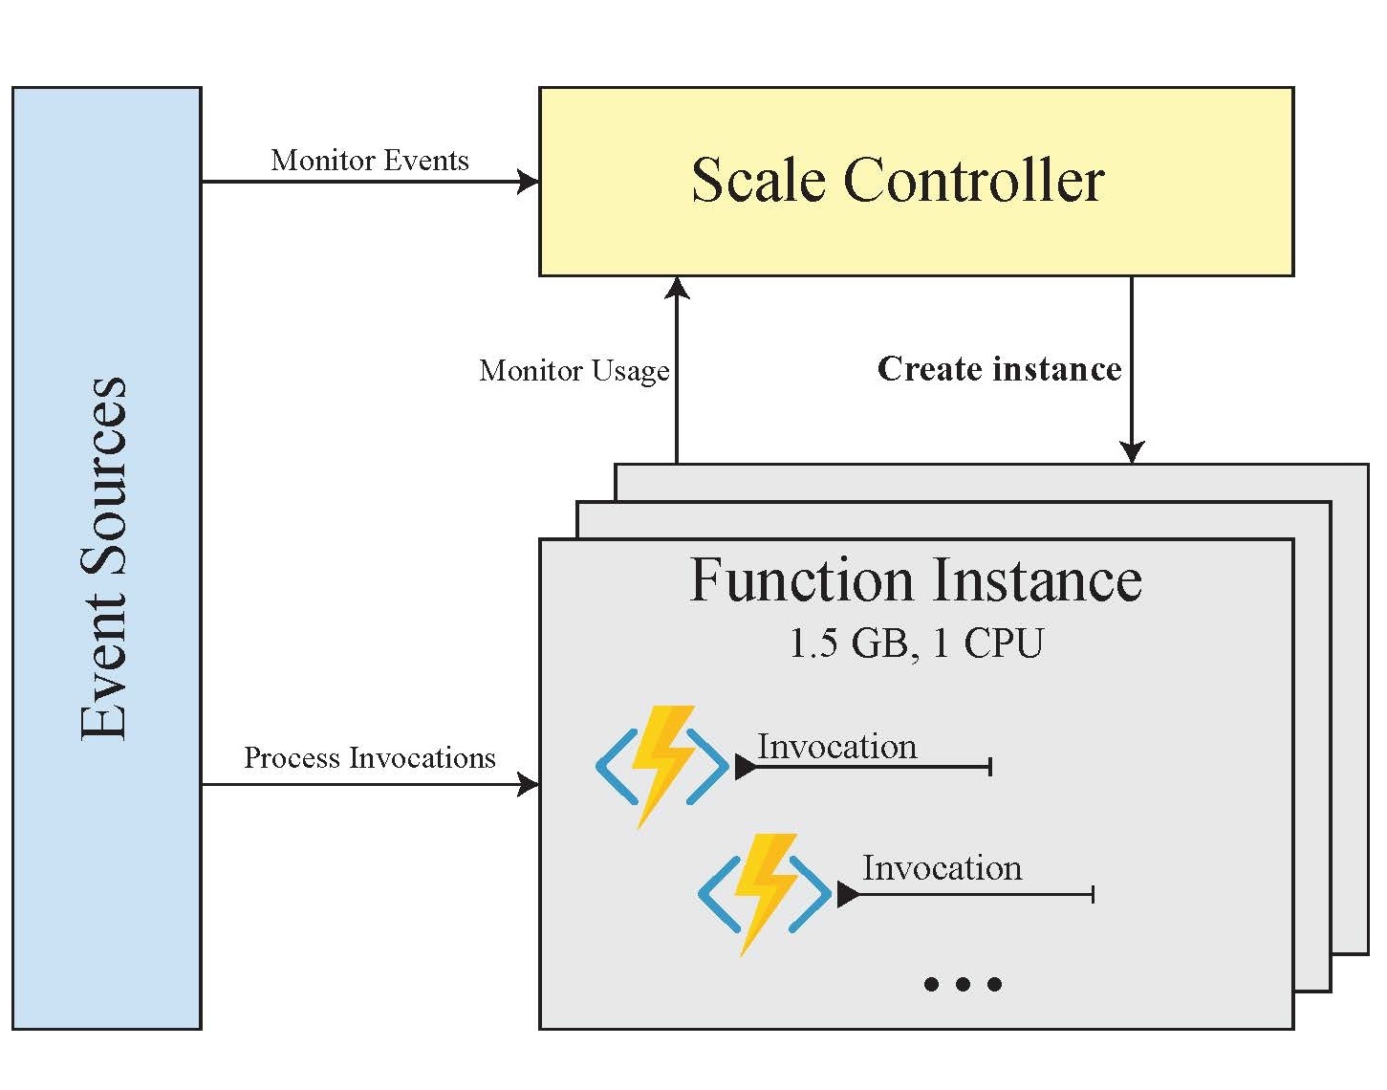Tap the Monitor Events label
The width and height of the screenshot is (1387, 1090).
coord(370,160)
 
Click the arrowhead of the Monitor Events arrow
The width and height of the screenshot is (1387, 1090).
coord(529,181)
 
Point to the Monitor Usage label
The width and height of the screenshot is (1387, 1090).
coord(574,370)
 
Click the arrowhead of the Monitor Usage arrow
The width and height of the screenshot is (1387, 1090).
coord(677,288)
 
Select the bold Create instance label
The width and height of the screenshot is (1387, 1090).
coord(999,369)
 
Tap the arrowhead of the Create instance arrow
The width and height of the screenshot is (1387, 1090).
coord(1132,452)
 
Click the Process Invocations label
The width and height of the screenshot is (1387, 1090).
coord(370,757)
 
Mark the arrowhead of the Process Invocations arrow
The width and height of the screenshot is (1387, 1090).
coord(529,785)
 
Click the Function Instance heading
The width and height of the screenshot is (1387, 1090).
coord(916,580)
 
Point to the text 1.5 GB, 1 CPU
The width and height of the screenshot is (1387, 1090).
coord(916,643)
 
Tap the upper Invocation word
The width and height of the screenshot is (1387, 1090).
coord(836,746)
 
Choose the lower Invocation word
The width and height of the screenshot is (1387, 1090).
coord(942,867)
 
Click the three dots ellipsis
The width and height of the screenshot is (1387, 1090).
coord(963,984)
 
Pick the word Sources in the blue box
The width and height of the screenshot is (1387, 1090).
coord(103,475)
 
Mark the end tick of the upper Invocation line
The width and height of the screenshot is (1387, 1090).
coord(990,766)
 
